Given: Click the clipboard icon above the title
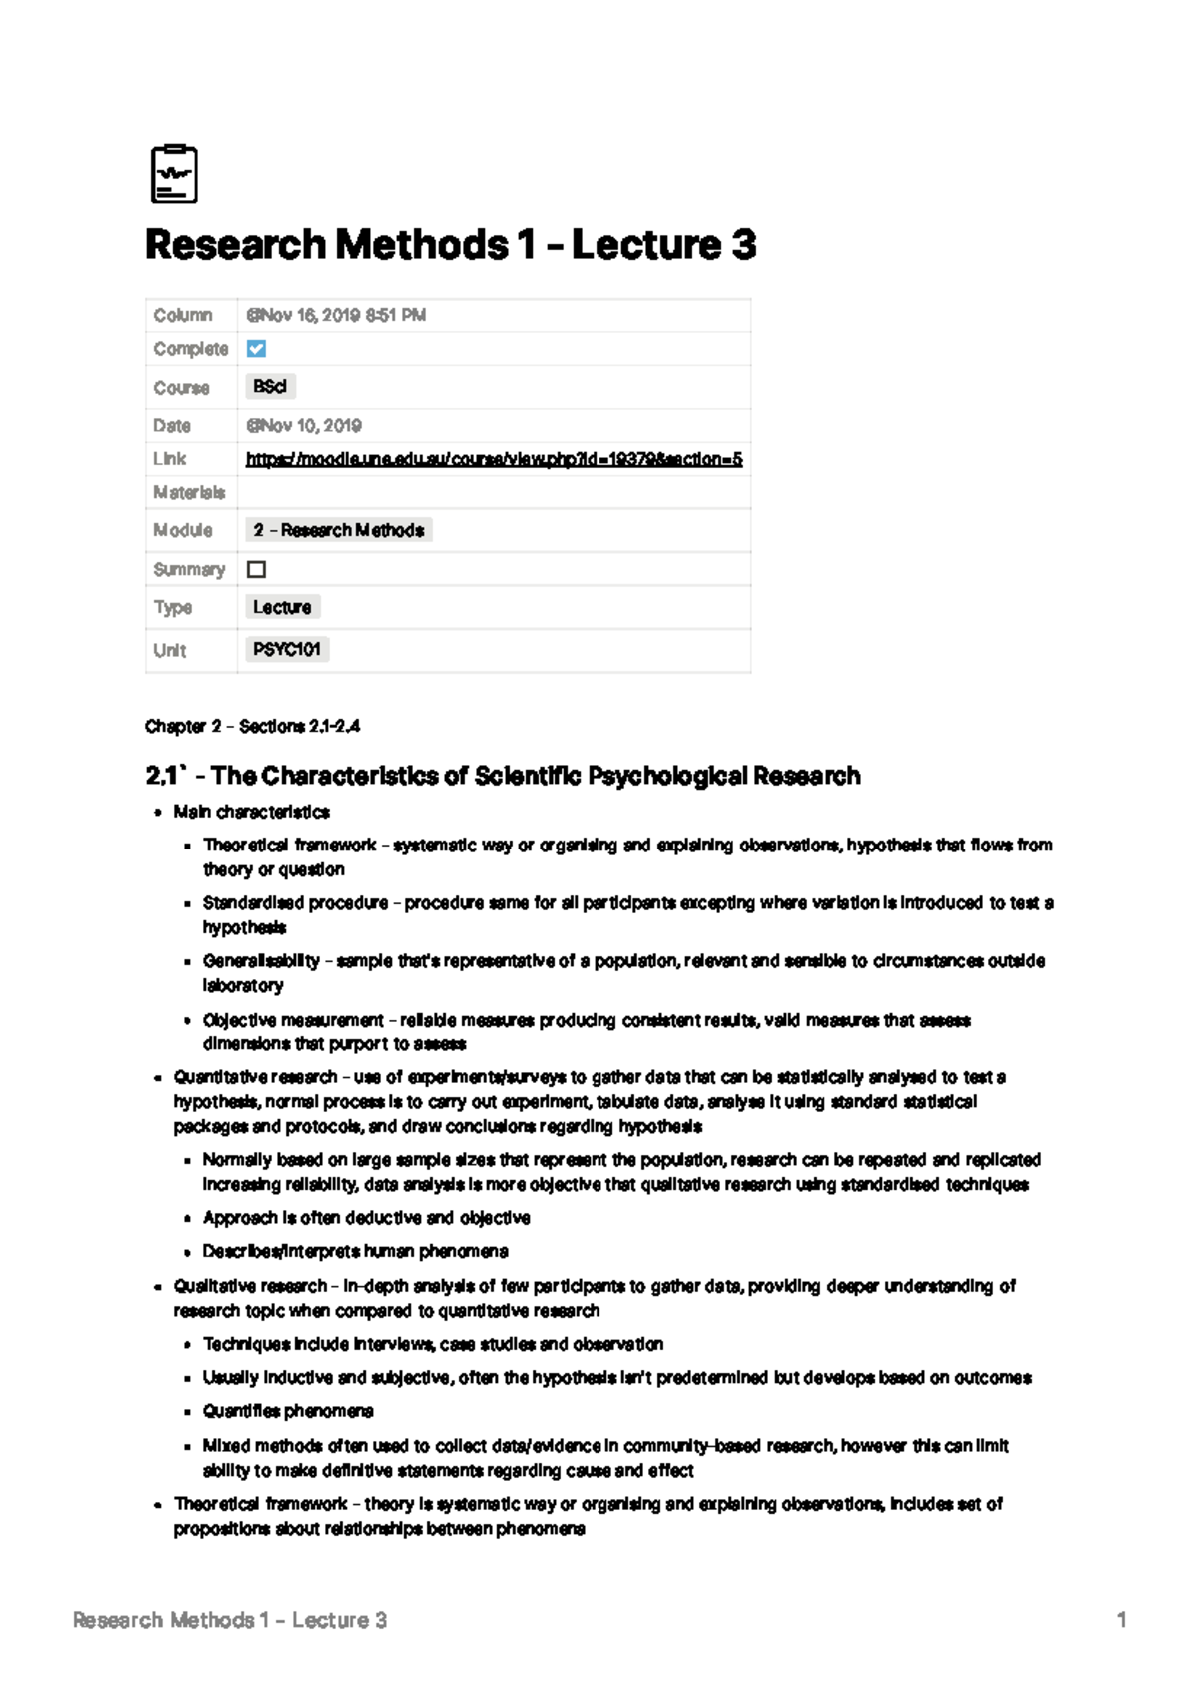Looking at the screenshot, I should (x=174, y=175).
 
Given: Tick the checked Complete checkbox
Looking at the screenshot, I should (x=257, y=349).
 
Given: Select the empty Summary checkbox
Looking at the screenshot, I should (x=257, y=569).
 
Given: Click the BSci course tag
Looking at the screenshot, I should (x=270, y=387).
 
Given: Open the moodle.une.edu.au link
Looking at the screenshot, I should (x=494, y=459).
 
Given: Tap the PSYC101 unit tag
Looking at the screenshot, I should (x=286, y=650).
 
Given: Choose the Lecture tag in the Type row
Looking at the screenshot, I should (x=282, y=607).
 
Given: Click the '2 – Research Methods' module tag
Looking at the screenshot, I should (x=338, y=530).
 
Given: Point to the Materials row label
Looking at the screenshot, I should (x=189, y=492).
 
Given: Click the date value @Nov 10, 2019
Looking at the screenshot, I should (x=304, y=426).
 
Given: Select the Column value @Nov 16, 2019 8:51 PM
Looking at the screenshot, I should (x=336, y=315).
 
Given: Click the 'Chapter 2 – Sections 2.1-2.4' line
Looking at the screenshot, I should (x=252, y=727).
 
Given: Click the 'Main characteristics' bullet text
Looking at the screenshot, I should (x=251, y=812).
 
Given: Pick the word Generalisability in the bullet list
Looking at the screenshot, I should (x=261, y=961).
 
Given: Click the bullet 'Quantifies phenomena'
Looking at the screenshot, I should (x=288, y=1411).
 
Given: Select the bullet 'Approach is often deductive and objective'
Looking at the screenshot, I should (x=366, y=1218).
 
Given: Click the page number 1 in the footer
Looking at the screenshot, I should (x=1121, y=1620).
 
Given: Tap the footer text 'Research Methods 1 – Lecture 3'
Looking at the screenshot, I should (x=230, y=1620).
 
